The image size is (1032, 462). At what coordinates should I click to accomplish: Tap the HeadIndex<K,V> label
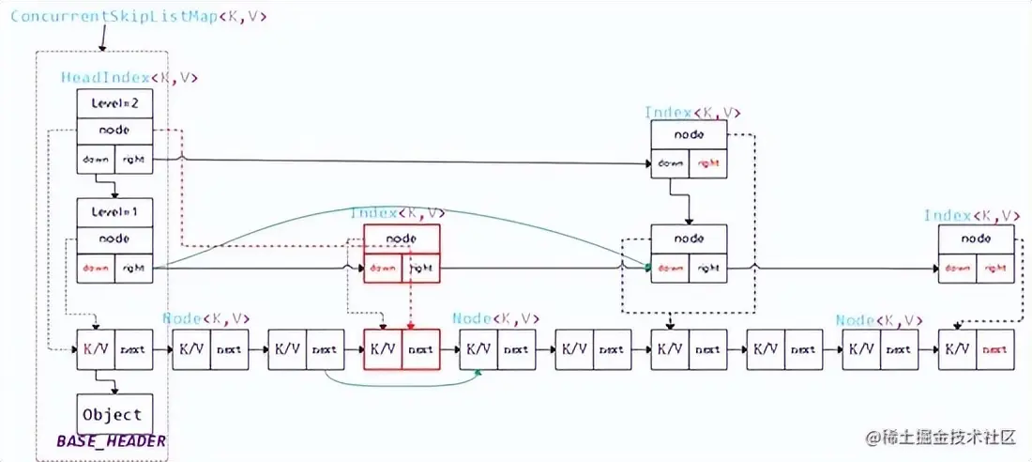tap(129, 79)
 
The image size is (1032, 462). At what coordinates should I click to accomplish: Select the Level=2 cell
tap(114, 104)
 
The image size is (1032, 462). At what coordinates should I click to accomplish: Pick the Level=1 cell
tap(114, 212)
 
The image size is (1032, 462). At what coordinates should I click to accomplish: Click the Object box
tap(114, 414)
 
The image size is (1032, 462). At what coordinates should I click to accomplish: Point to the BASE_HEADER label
tap(111, 441)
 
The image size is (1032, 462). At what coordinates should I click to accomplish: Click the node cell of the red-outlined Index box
tap(402, 239)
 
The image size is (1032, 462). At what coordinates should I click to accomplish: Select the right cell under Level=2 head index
tap(133, 161)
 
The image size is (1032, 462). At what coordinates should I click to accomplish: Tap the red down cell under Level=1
tap(95, 268)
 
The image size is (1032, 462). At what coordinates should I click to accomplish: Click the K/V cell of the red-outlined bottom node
tap(383, 349)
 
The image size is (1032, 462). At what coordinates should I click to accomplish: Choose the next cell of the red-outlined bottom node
tap(421, 349)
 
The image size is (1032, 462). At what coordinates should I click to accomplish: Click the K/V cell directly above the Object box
tap(95, 349)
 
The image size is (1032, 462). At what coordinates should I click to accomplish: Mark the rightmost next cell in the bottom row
tap(995, 349)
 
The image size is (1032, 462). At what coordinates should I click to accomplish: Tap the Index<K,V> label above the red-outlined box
tap(398, 213)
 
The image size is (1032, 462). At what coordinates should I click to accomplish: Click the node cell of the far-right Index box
tap(977, 239)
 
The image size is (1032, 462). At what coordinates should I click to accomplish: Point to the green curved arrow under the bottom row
tap(403, 383)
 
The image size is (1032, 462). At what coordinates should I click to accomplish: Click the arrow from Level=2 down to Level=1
tap(114, 186)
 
